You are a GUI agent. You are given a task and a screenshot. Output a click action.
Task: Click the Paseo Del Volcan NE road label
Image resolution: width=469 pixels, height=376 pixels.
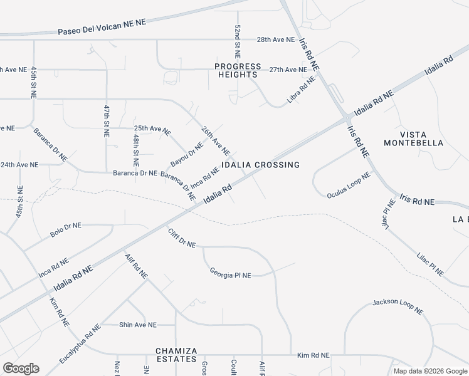102,26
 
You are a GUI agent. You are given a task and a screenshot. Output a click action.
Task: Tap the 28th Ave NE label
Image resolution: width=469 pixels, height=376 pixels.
276,39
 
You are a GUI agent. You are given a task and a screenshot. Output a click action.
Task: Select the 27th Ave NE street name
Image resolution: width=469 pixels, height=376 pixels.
287,70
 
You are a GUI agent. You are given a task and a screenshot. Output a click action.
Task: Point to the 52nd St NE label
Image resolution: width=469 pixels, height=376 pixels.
238,38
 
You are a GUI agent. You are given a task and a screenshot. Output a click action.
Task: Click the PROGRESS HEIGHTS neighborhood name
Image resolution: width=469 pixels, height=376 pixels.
238,70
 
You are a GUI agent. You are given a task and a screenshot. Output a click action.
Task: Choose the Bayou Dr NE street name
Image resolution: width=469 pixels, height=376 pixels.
187,154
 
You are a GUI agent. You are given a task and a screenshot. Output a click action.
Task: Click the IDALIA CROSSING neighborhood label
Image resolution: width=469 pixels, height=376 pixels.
260,165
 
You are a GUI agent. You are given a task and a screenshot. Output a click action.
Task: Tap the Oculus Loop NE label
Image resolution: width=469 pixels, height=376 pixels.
349,185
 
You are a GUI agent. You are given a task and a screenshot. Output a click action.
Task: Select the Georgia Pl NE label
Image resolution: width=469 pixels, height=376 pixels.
230,273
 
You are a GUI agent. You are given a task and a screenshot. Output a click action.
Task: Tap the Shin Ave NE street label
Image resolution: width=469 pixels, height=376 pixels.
138,325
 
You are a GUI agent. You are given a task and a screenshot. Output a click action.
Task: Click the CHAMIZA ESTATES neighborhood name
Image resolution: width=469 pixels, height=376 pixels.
177,355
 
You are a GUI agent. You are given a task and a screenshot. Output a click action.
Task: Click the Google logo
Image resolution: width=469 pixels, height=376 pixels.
21,368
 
